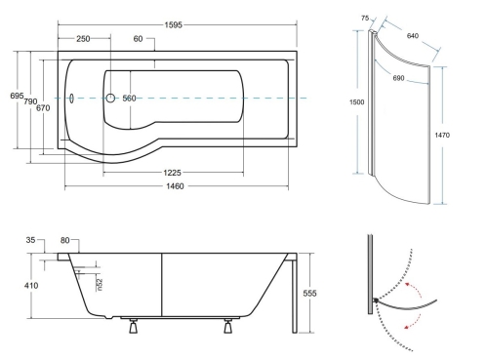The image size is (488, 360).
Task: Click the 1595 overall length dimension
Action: pos(173,25)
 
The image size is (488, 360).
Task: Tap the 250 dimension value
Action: pos(83,39)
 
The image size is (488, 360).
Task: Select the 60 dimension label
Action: pos(138,39)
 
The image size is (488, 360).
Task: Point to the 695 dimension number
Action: pos(17,96)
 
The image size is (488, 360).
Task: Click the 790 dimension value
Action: pos(30,101)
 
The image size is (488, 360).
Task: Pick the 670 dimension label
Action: pos(43,108)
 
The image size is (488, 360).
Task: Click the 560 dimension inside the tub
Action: pos(129,99)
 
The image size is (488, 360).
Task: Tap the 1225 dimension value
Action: pos(172,173)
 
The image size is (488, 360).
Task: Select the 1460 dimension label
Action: pos(175,186)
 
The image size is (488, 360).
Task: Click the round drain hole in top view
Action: pos(110,98)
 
